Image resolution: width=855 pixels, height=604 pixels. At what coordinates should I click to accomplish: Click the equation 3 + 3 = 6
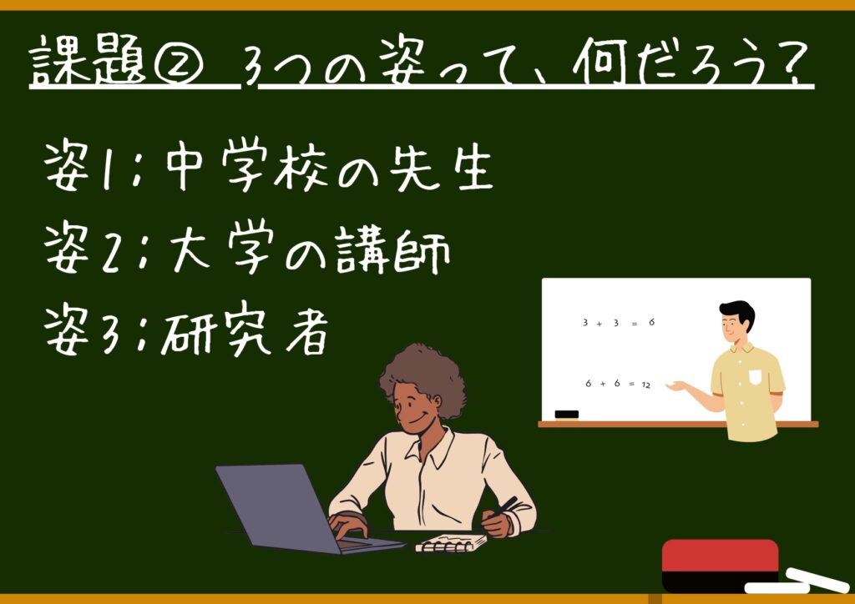click(619, 322)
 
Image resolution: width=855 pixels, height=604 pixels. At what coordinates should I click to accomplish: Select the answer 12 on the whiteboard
click(646, 385)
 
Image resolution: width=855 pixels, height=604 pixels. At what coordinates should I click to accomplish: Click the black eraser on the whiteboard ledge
click(567, 415)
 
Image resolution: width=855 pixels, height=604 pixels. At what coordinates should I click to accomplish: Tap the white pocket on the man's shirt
click(755, 377)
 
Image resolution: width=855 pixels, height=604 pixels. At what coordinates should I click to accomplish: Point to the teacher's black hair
click(738, 312)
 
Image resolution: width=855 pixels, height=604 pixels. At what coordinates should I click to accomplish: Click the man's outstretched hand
click(675, 386)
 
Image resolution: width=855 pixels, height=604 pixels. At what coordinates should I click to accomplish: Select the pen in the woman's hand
click(503, 507)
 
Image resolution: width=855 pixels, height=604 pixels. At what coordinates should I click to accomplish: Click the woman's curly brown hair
click(422, 375)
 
